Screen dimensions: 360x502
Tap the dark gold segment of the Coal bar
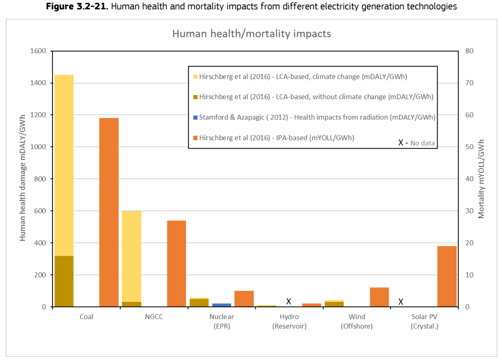click(64, 281)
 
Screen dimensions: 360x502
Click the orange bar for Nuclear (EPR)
click(244, 299)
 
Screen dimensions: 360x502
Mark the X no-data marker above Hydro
click(288, 301)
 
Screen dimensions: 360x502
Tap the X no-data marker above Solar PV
click(401, 301)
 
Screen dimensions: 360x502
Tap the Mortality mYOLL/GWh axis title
click(482, 179)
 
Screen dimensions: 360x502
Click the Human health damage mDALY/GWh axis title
click(23, 179)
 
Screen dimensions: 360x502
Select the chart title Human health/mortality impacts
click(252, 34)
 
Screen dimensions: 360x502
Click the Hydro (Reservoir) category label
click(289, 322)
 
